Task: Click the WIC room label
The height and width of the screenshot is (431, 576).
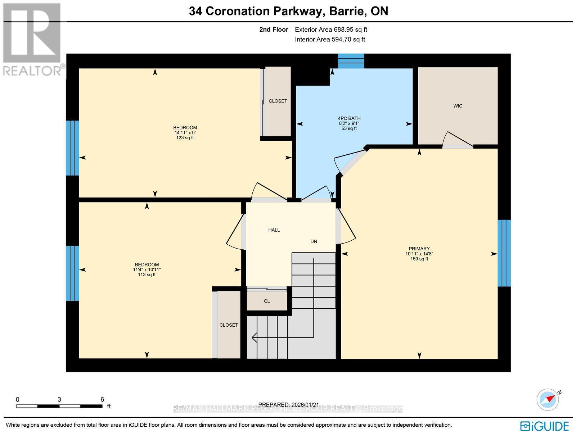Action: click(458, 106)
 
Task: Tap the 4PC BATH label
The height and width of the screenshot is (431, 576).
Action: click(349, 118)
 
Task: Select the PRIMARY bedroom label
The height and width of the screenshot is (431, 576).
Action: click(419, 249)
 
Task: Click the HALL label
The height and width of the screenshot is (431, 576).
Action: click(274, 230)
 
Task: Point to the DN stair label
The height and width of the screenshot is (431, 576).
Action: click(314, 241)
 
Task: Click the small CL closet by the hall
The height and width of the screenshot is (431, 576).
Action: click(267, 301)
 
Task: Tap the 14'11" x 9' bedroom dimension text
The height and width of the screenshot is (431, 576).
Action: click(185, 133)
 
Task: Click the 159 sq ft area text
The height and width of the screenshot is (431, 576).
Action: click(419, 259)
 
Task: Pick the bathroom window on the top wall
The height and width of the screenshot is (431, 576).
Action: click(351, 61)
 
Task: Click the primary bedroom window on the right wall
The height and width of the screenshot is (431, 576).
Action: click(504, 253)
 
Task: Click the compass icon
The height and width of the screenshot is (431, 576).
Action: click(548, 399)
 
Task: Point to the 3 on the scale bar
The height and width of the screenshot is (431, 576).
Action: click(59, 399)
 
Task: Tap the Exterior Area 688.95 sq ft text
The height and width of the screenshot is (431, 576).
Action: click(331, 30)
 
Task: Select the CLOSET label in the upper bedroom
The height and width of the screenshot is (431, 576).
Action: click(278, 101)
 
